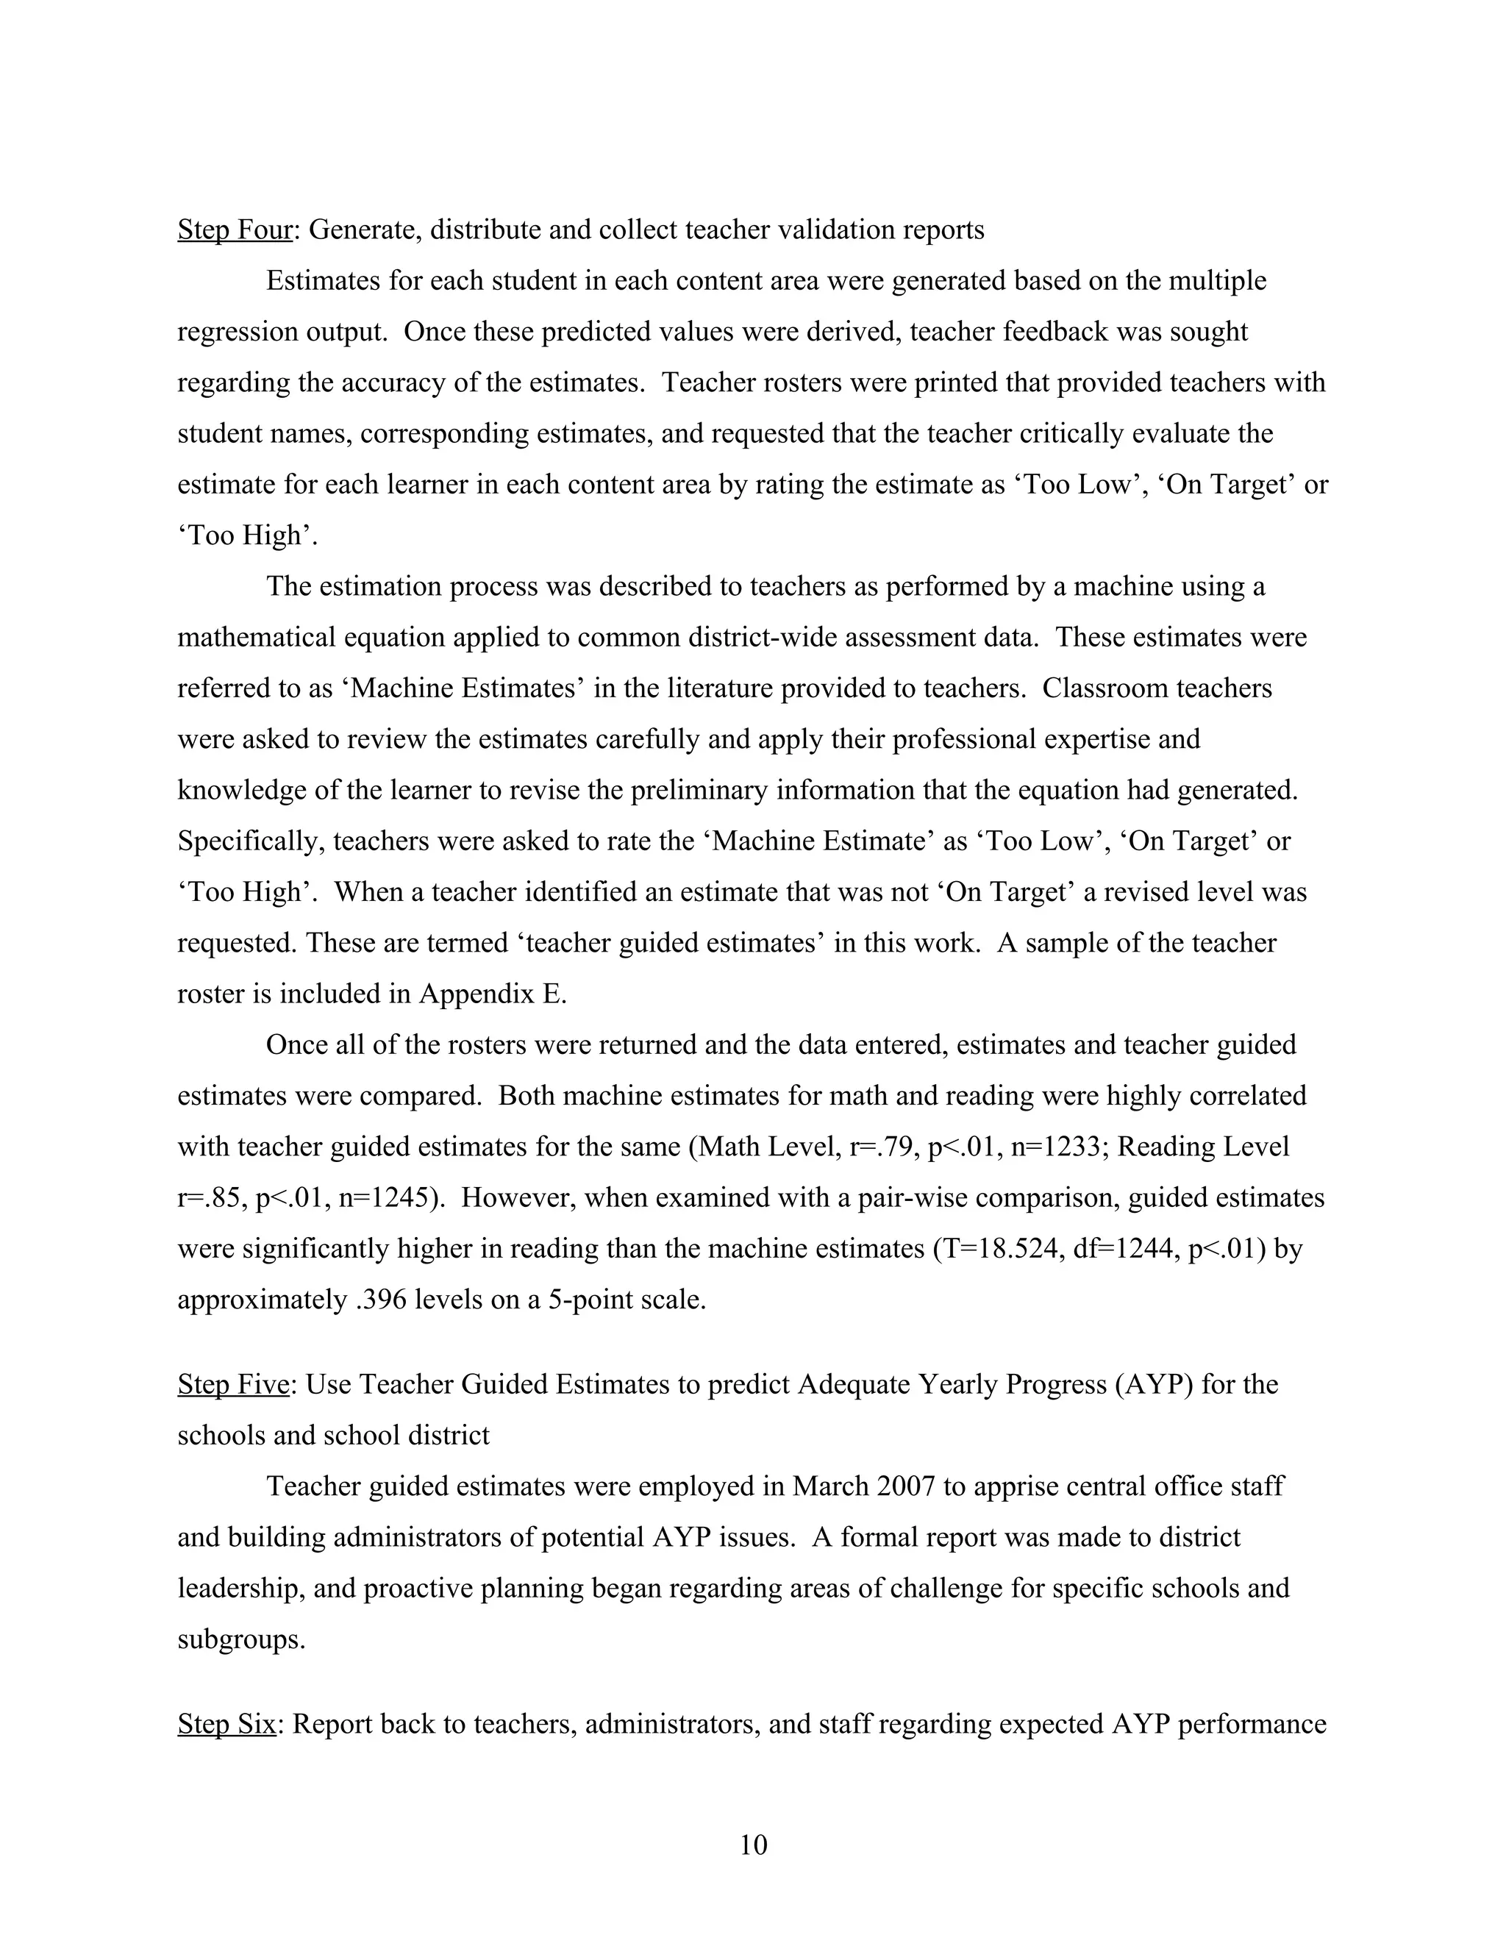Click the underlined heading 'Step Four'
point(235,230)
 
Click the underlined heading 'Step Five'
point(233,1384)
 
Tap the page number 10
point(753,1845)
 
